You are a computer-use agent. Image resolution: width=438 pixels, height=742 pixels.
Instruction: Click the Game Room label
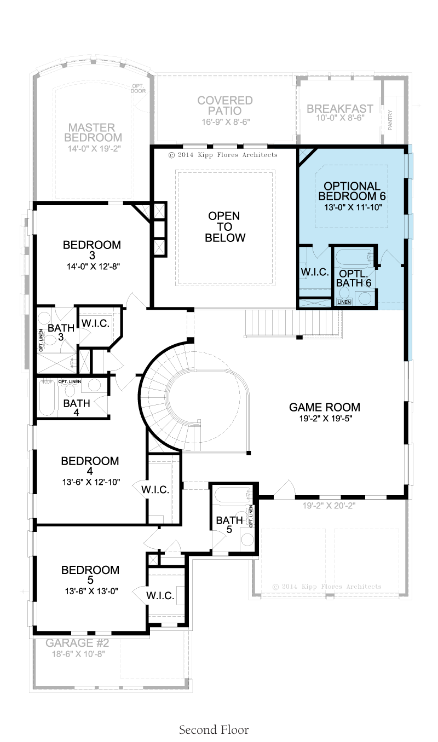point(324,407)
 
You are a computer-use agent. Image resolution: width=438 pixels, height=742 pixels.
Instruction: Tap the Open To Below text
point(224,227)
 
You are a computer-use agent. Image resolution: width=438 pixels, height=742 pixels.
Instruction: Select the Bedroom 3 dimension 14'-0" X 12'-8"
point(93,266)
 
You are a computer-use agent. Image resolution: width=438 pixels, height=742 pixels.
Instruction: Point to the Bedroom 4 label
point(90,466)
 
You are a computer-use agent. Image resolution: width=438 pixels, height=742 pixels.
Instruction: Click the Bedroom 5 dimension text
point(91,591)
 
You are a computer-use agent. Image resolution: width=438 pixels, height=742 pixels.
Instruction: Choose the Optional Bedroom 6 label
point(352,191)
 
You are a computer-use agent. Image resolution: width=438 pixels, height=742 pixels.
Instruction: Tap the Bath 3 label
point(61,332)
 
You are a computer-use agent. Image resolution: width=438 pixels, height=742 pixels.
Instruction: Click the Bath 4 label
point(77,408)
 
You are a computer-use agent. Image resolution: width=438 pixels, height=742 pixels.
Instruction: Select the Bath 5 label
point(229,525)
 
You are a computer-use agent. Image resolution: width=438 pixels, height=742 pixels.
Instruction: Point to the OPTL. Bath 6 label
point(354,278)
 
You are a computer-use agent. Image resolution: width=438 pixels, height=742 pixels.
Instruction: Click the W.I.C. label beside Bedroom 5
point(160,595)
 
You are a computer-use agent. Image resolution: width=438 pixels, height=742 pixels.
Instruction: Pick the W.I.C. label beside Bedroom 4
point(155,489)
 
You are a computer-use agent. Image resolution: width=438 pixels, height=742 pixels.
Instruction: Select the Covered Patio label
point(225,106)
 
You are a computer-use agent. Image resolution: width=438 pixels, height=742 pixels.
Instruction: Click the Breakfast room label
point(340,109)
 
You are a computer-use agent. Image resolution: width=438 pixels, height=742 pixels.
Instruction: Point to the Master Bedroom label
point(93,132)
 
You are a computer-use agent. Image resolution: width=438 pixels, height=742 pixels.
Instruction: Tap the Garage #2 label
point(77,643)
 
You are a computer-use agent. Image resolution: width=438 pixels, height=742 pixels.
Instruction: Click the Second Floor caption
point(214,730)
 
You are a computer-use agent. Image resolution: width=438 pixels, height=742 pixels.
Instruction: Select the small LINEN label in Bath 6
point(344,302)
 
